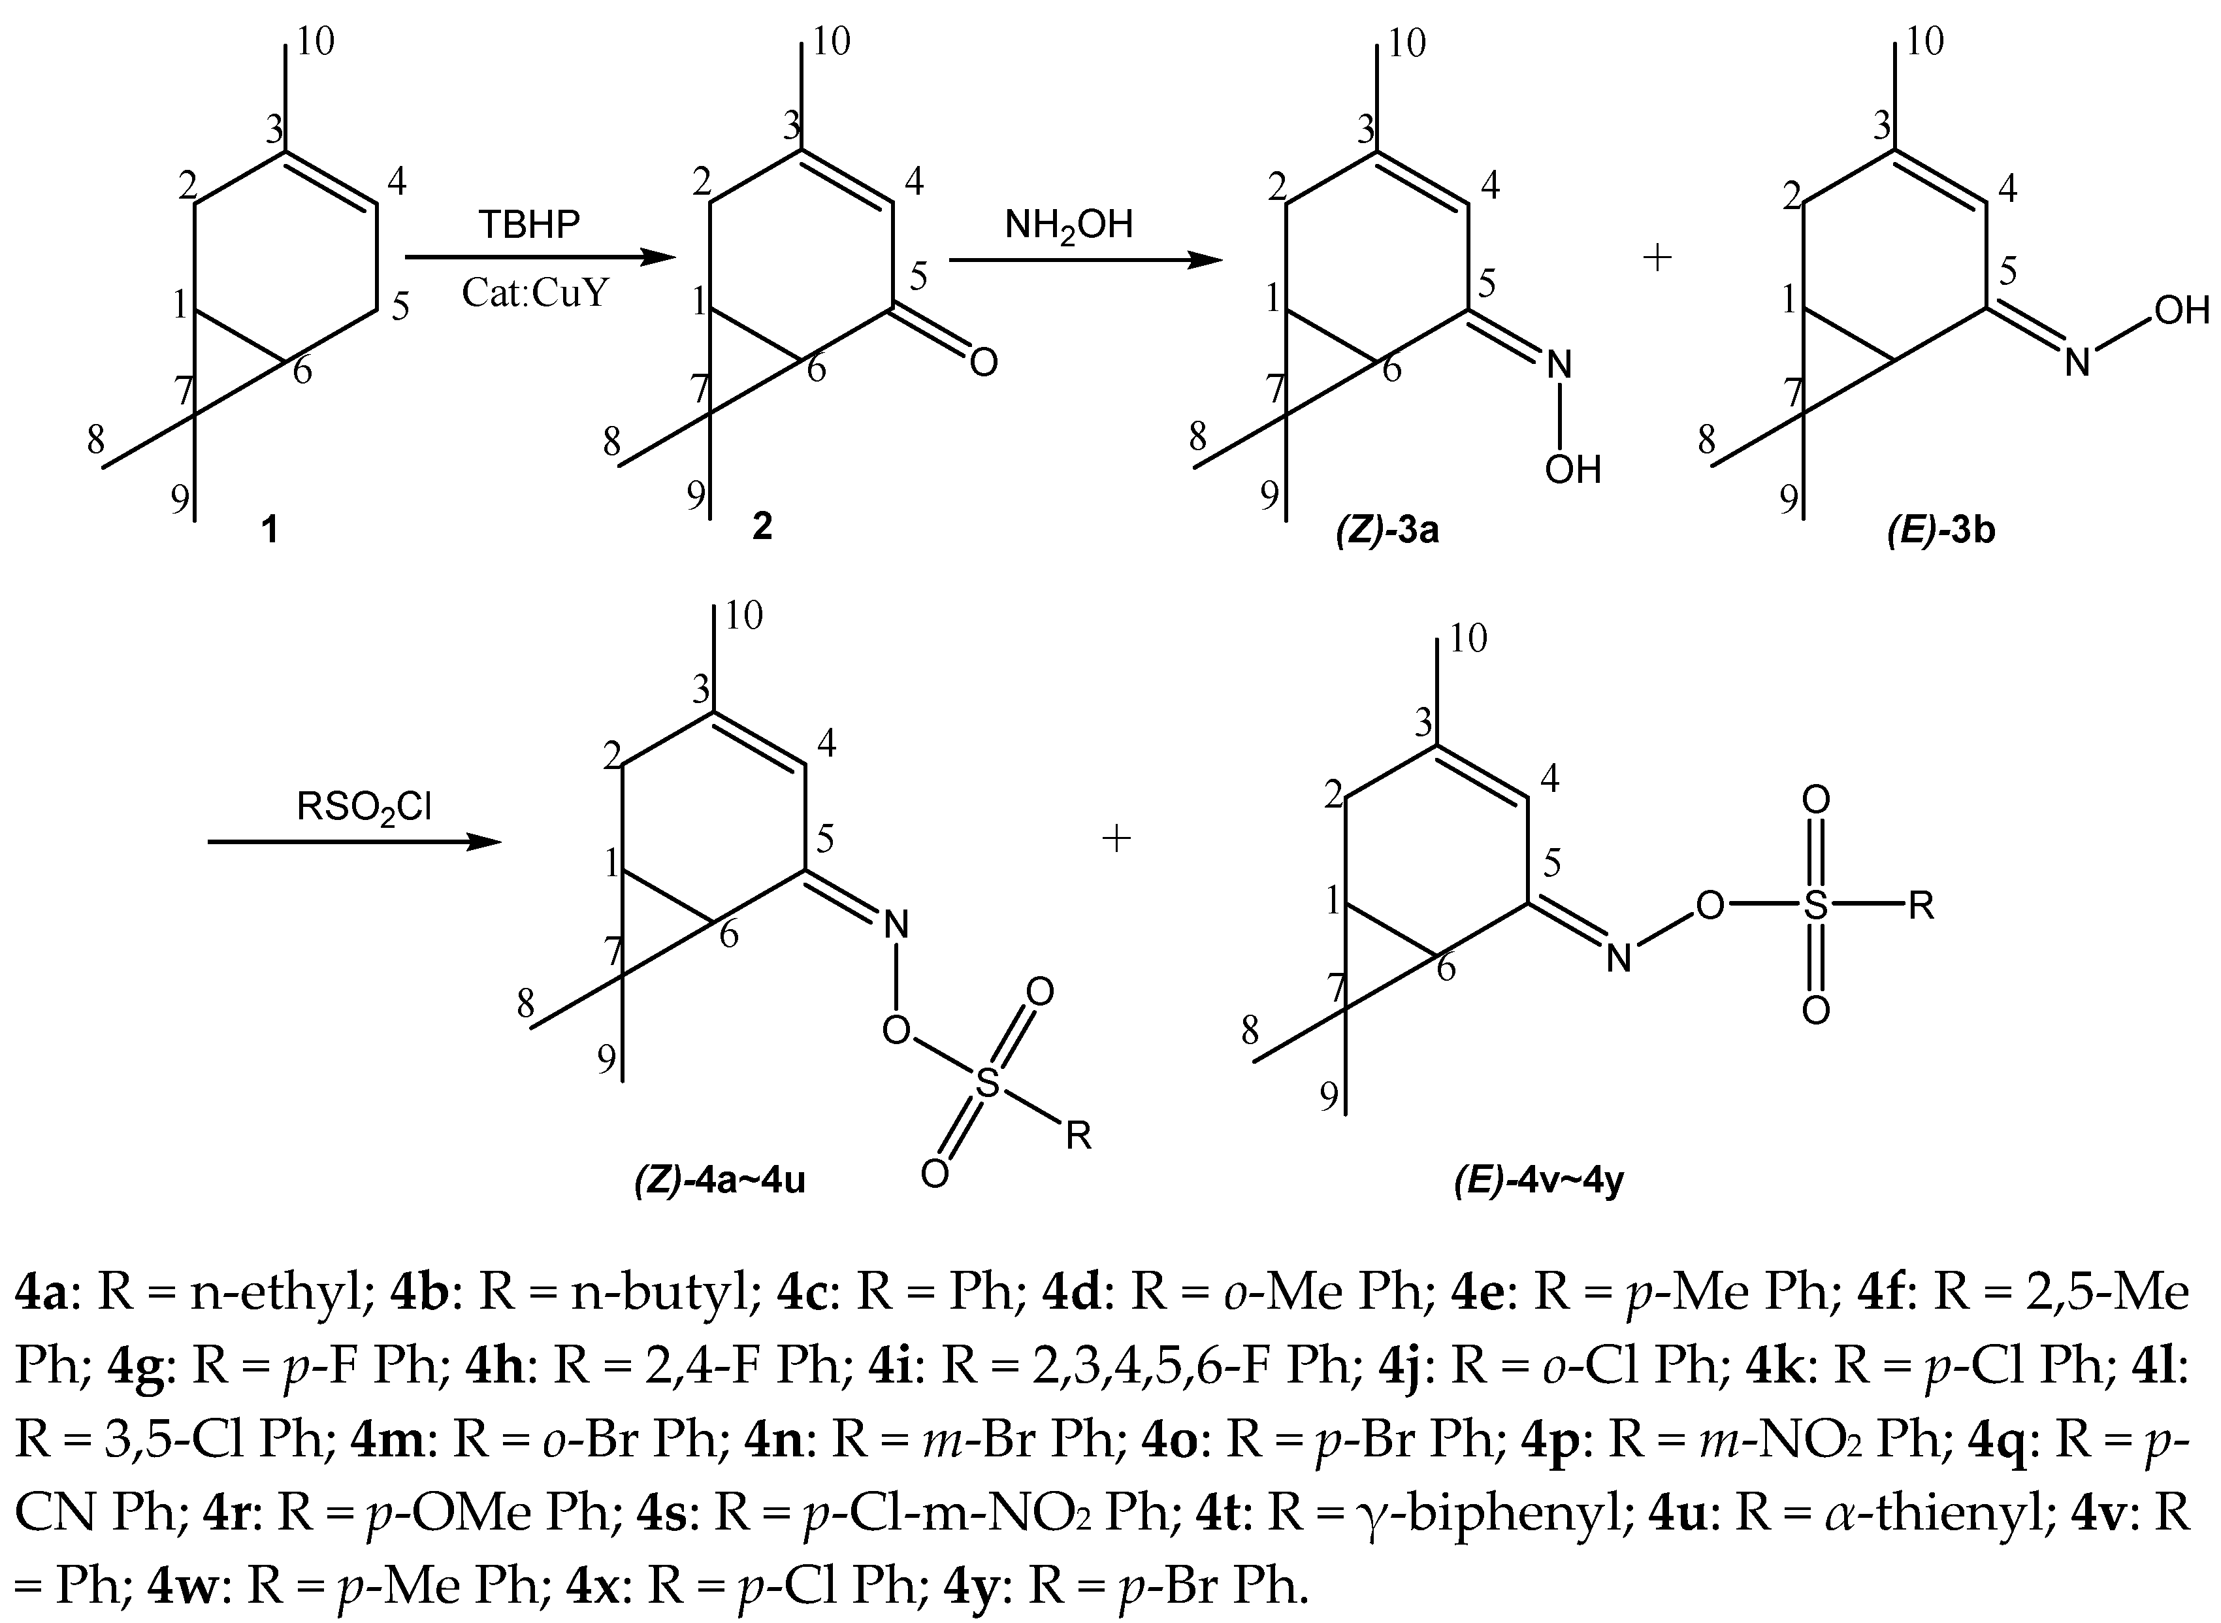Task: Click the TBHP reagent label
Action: [530, 225]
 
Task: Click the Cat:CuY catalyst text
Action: [536, 293]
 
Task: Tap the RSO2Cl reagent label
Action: [365, 808]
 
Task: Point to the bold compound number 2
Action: [762, 527]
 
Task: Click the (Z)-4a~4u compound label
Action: [720, 1179]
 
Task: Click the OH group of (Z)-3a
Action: [1573, 470]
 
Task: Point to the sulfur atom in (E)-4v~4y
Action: [1815, 906]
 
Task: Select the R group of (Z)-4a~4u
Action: [1078, 1137]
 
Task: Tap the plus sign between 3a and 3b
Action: [1657, 258]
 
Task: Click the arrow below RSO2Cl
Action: [353, 843]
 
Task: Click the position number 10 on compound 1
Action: [316, 41]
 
